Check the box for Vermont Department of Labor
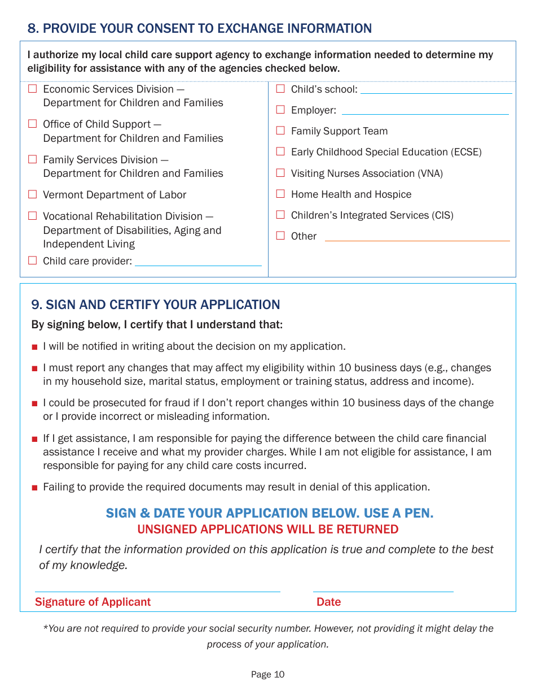coord(33,194)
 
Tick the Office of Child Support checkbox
coord(33,124)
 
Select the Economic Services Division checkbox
coord(33,89)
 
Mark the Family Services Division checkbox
coord(33,159)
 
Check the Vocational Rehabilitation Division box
coord(33,216)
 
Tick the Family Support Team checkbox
coord(280,131)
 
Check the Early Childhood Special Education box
coord(280,151)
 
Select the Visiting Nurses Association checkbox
coord(280,173)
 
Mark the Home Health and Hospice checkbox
coord(280,194)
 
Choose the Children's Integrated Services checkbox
coord(280,215)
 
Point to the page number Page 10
coord(268,675)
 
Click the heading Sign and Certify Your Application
coord(156,305)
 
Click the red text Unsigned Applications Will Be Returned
coord(268,529)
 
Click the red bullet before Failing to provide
coord(35,488)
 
